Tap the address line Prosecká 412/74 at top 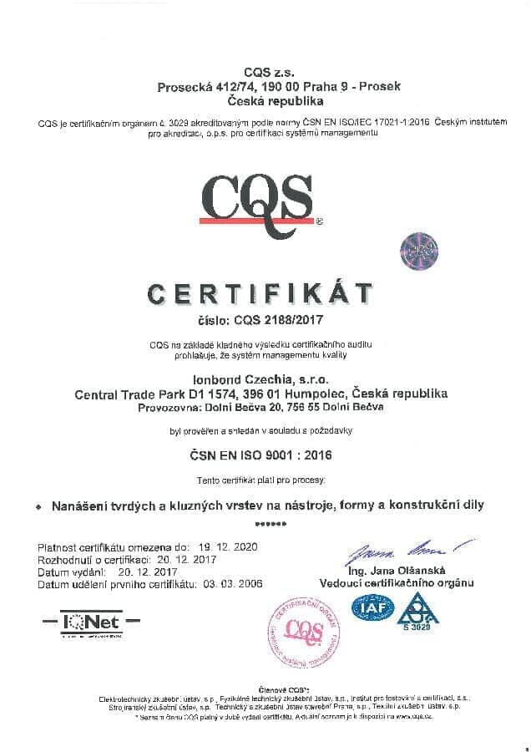tap(261, 87)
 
